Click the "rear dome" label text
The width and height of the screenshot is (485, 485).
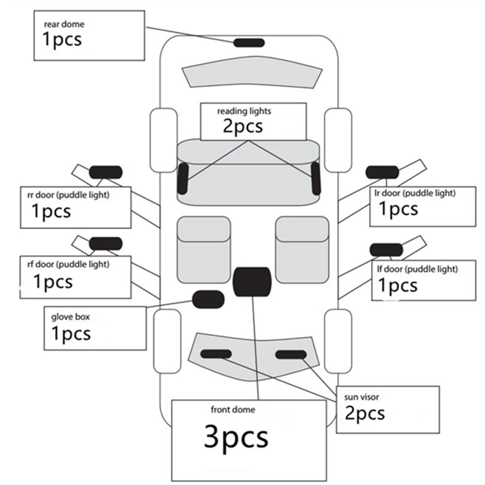click(64, 24)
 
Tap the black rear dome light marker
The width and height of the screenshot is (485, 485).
click(249, 42)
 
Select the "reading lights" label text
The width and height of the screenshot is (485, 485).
click(244, 111)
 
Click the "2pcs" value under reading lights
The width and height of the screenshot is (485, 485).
click(243, 126)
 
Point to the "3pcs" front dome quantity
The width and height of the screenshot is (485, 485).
click(236, 437)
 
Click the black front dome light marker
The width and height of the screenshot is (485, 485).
click(252, 282)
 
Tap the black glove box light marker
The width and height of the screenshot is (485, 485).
click(208, 299)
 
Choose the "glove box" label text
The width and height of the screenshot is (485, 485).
click(70, 317)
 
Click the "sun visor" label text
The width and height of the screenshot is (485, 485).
click(361, 397)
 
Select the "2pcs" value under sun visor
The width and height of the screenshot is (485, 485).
click(365, 413)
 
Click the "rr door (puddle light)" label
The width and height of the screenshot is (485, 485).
click(69, 195)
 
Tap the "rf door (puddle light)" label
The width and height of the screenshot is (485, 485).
click(69, 264)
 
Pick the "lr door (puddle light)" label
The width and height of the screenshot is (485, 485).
click(415, 193)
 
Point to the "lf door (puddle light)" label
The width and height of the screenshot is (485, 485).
click(417, 269)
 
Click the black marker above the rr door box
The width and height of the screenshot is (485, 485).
click(105, 172)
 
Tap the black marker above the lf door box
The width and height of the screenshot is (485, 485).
click(386, 250)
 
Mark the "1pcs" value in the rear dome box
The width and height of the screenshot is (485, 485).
click(62, 39)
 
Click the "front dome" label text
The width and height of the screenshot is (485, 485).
click(233, 410)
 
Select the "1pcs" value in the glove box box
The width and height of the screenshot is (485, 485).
click(71, 334)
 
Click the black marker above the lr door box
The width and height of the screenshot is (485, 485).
click(383, 172)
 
